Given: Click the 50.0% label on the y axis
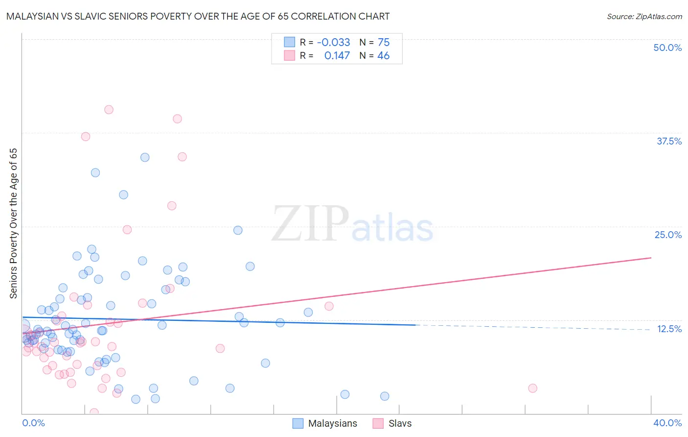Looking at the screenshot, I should [667, 48].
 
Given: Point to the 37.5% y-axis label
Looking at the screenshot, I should [669, 141].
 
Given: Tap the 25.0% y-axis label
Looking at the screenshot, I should [668, 235].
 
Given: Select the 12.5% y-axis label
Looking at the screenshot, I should [669, 329].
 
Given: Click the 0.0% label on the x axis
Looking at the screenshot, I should [33, 423].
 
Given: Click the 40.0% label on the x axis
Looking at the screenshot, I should [667, 423].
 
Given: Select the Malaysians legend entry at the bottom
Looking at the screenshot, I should [325, 423].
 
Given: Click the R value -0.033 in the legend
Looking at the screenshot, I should [333, 43].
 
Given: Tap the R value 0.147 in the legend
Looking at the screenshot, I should [337, 56].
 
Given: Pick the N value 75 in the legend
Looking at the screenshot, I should [384, 43].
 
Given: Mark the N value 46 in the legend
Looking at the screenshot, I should [383, 56].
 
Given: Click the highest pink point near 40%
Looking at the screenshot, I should [109, 110].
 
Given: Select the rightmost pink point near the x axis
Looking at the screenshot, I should [532, 388].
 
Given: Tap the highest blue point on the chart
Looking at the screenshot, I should [145, 157].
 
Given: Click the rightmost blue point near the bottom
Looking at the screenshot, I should [385, 396].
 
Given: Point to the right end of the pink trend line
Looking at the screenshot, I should [651, 258].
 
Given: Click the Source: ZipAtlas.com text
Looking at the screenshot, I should [644, 16].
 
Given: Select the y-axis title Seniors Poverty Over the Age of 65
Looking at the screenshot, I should [14, 223].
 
